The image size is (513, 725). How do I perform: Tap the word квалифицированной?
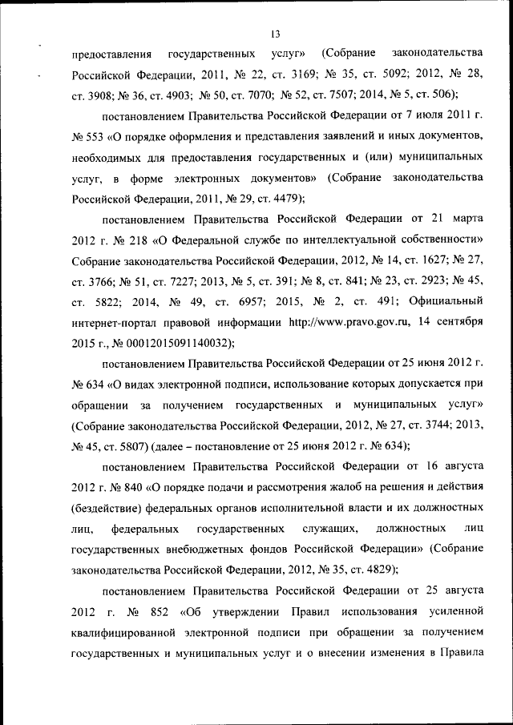click(131, 633)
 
